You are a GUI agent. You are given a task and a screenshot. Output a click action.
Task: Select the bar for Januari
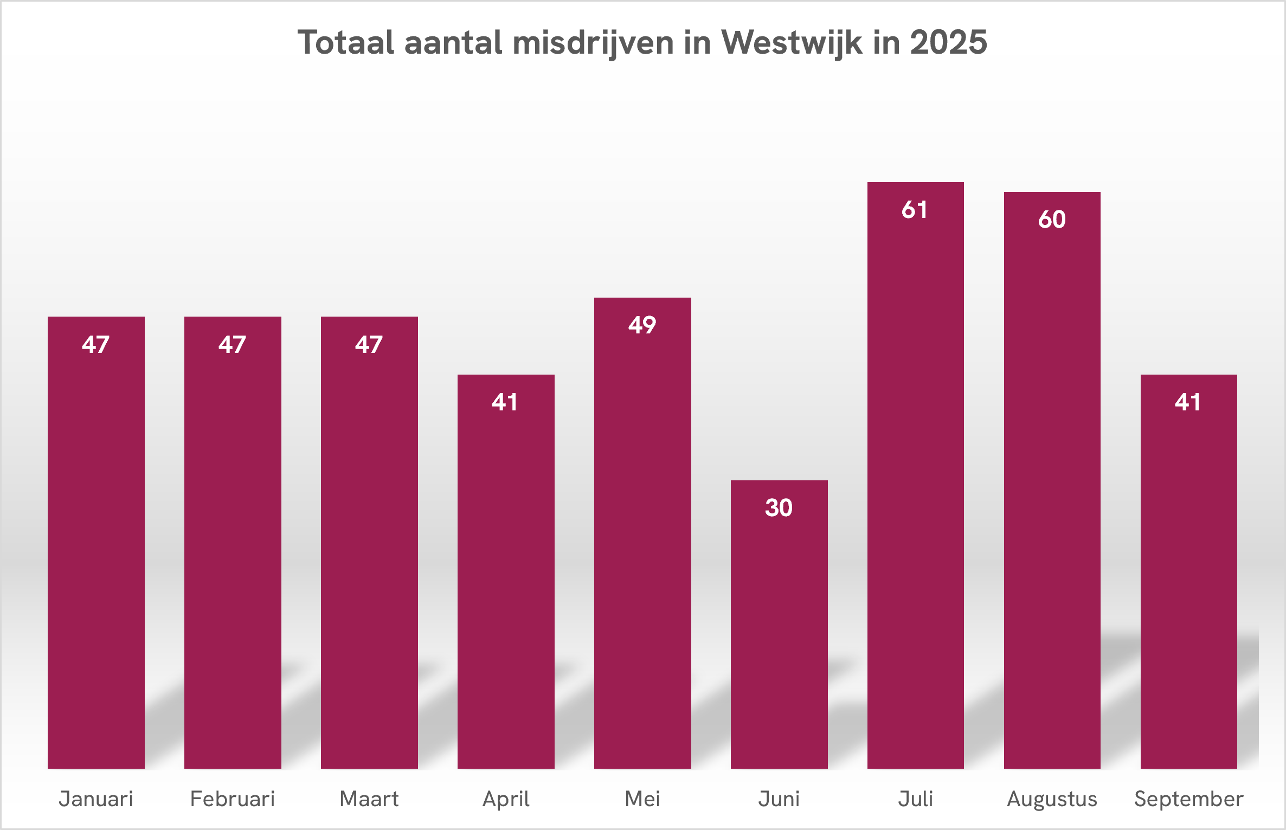pos(96,542)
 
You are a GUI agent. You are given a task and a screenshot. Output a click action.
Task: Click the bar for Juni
pos(779,623)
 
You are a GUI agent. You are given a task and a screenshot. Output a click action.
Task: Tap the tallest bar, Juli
pos(915,477)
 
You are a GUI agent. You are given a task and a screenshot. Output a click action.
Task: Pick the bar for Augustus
pos(1052,482)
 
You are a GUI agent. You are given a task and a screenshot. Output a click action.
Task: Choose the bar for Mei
pos(642,534)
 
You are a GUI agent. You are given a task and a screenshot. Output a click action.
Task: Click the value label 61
pos(915,210)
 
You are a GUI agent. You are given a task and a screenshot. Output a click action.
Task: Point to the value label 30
pos(779,508)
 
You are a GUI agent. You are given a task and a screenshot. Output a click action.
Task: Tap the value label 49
pos(642,325)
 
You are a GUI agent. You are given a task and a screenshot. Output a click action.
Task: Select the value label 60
pos(1052,220)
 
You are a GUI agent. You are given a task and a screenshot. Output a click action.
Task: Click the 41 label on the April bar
pos(505,402)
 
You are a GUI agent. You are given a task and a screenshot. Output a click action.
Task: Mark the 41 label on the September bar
pos(1188,402)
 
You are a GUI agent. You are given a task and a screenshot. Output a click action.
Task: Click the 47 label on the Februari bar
pos(232,345)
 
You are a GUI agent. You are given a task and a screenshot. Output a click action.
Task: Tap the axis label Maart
pos(369,799)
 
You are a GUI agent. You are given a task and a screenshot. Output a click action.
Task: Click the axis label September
pos(1188,799)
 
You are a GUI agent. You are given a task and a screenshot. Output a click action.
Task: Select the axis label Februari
pos(232,799)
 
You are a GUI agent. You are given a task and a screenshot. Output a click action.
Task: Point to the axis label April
pos(506,799)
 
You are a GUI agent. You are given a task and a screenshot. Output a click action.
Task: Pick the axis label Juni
pos(779,799)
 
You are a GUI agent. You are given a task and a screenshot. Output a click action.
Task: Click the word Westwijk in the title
pos(791,42)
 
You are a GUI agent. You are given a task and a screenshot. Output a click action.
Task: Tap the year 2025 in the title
pos(948,42)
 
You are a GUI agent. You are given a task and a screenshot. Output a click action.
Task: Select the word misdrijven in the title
pos(593,42)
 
